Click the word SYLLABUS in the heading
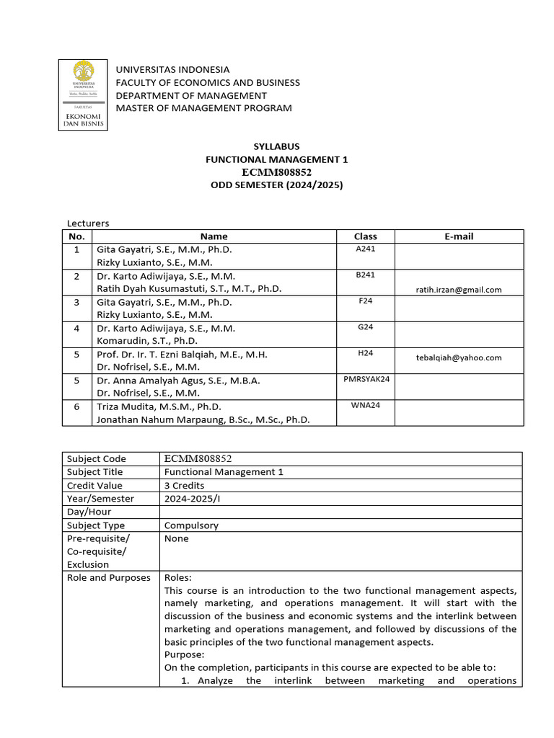point(276,146)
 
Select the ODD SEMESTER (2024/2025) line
point(276,185)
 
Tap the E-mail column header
point(459,236)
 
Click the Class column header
point(365,236)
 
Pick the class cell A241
point(365,249)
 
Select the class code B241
point(365,275)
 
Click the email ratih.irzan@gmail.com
point(459,290)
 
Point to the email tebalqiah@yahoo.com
point(459,357)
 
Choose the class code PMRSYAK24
point(365,379)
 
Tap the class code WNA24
point(365,405)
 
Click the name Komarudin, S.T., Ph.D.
point(146,341)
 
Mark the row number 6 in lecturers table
point(76,406)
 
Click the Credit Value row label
point(95,486)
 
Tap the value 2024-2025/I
point(193,499)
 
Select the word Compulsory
point(191,525)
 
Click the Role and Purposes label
point(108,578)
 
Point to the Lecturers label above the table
point(88,223)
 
